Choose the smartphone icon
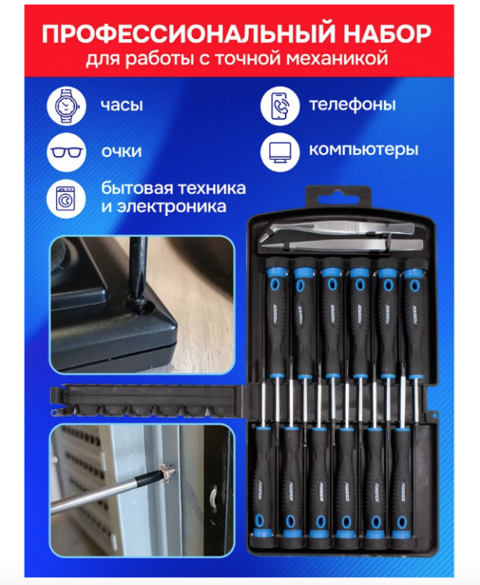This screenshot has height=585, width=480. [x=279, y=105]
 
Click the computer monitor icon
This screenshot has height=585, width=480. [x=279, y=151]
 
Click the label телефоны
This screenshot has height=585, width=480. [x=352, y=105]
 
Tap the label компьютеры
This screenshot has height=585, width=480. [x=363, y=150]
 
